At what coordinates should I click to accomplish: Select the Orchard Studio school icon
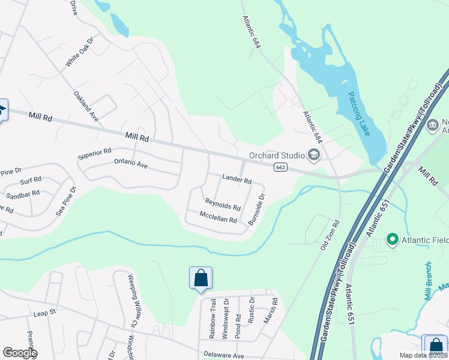click(313, 155)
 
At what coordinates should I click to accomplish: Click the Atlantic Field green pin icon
click(393, 240)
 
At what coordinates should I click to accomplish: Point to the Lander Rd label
click(236, 179)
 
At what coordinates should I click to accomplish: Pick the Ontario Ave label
click(131, 163)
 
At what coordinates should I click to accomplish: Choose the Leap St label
click(44, 313)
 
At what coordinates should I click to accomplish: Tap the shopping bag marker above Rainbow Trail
click(200, 278)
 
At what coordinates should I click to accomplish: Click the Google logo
click(20, 353)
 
